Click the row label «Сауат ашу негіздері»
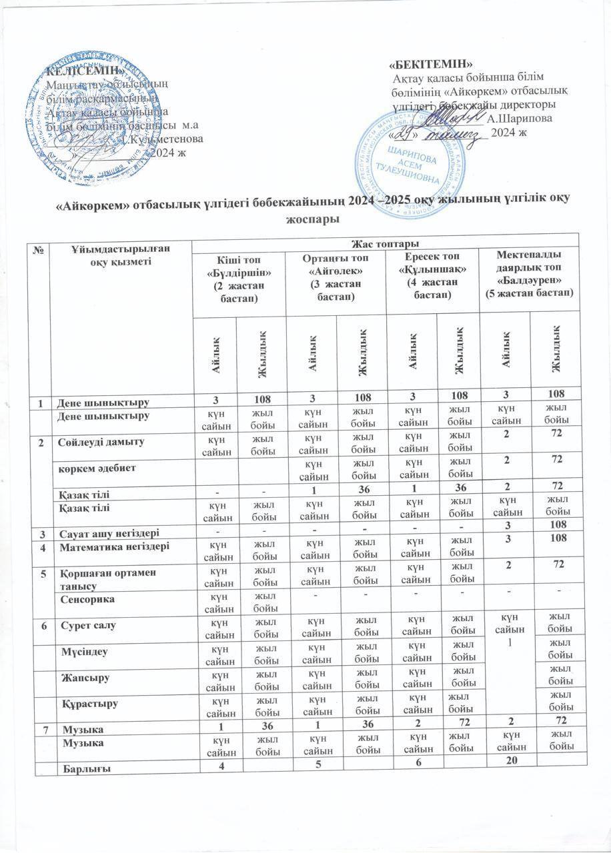click(107, 531)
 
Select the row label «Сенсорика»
click(85, 600)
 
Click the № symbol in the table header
click(41, 248)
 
